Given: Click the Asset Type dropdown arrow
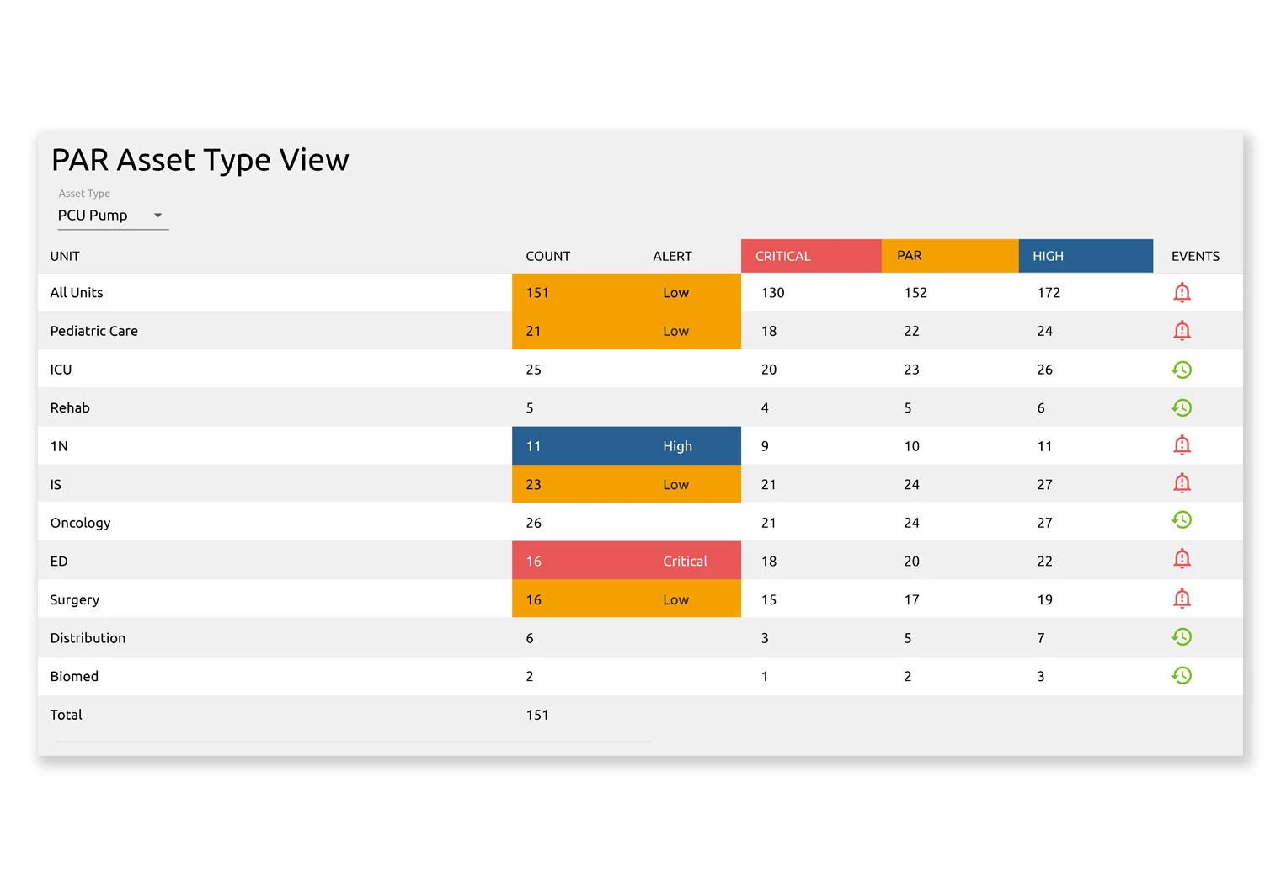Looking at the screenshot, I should tap(157, 216).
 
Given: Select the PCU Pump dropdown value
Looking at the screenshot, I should tap(93, 216).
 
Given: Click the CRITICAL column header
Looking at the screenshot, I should tap(782, 256).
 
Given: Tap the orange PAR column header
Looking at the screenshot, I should tap(909, 256).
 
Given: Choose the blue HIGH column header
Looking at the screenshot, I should tap(1048, 256).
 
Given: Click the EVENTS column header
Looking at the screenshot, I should tap(1194, 256).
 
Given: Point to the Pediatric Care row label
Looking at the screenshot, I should tap(93, 331).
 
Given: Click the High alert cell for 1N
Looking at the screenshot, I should tap(677, 446).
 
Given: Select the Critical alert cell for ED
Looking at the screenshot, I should tap(684, 562).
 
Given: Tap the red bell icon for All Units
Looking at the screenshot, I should tap(1182, 293).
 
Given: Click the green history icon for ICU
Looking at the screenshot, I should tap(1182, 370).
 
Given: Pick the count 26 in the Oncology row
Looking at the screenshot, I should tap(533, 523).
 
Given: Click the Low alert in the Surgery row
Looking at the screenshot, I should tap(675, 599).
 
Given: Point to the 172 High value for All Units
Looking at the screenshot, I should tap(1048, 293).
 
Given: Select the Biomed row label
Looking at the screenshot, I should tap(74, 676).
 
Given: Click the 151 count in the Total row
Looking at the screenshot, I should tap(536, 715).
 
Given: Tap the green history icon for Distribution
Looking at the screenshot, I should tap(1182, 637).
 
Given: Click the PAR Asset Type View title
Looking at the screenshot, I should tap(200, 160).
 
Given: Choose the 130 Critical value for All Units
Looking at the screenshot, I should tap(772, 293).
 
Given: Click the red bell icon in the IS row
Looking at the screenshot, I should tap(1182, 484).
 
